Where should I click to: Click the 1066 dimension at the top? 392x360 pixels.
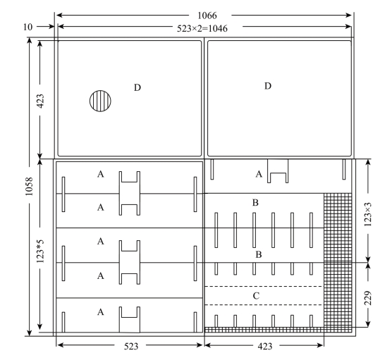(x=207, y=15)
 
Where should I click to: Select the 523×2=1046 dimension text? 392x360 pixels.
(x=202, y=28)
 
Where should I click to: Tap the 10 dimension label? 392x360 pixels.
(x=27, y=27)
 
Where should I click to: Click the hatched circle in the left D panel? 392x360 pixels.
(x=100, y=101)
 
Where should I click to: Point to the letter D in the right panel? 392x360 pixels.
(x=268, y=86)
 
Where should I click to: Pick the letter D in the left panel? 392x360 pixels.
(x=137, y=87)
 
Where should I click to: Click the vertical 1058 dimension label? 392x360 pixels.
(x=29, y=187)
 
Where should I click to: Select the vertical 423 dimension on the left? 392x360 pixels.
(x=40, y=101)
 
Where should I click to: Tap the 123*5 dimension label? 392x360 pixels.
(x=40, y=251)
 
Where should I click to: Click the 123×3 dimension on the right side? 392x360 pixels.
(x=368, y=214)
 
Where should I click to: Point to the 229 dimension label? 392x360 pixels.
(x=368, y=298)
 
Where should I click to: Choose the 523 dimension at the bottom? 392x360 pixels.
(x=131, y=346)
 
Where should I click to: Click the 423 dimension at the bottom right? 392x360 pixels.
(x=265, y=346)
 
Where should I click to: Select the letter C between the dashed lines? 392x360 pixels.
(x=256, y=296)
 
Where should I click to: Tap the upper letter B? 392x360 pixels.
(x=255, y=203)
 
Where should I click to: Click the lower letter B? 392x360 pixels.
(x=259, y=254)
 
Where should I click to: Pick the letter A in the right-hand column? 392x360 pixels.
(x=259, y=174)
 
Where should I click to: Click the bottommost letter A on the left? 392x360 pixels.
(x=100, y=312)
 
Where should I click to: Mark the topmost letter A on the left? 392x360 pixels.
(x=100, y=174)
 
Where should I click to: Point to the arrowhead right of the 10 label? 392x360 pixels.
(x=51, y=26)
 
